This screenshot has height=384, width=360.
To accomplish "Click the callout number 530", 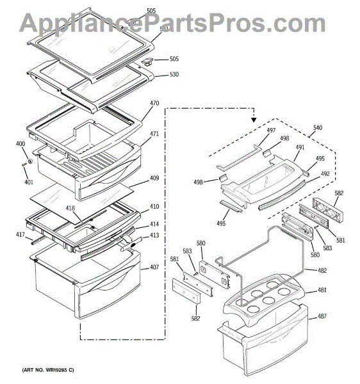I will point(174,74).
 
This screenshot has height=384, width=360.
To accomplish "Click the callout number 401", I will point(28,182).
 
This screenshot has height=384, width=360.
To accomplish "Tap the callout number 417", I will point(20,235).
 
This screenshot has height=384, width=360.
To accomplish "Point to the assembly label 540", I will point(318,127).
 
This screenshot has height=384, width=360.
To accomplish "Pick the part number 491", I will point(300,147).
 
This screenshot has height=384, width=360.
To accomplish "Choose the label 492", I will point(325,173).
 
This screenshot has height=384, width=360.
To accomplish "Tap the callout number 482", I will point(322,271).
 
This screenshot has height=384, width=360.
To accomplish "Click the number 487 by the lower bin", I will point(322,316).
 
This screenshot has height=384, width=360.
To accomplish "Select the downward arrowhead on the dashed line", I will point(254,118).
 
